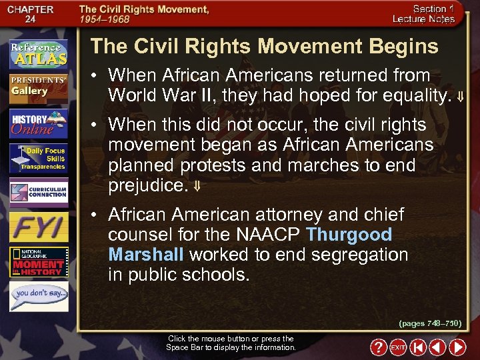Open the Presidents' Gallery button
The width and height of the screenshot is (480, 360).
pyautogui.click(x=38, y=87)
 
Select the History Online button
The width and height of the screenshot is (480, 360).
pyautogui.click(x=38, y=124)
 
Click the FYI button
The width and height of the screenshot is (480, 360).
pyautogui.click(x=38, y=226)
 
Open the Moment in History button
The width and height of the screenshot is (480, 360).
pyautogui.click(x=38, y=262)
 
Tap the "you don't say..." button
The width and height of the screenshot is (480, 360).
pyautogui.click(x=38, y=295)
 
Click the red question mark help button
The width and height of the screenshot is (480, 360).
pyautogui.click(x=378, y=347)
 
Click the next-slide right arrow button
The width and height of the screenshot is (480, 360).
pyautogui.click(x=457, y=347)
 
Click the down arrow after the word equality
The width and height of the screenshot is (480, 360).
pyautogui.click(x=460, y=97)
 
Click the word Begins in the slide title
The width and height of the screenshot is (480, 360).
pyautogui.click(x=403, y=46)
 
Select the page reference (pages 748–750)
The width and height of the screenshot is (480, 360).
pyautogui.click(x=430, y=323)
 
